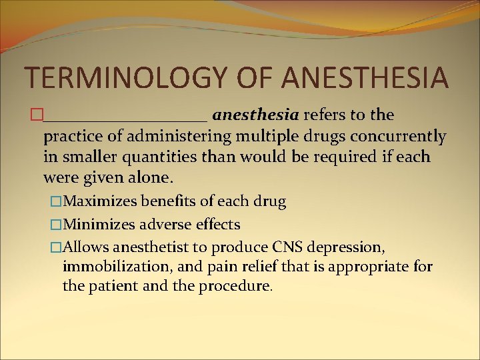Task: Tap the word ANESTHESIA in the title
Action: [365, 77]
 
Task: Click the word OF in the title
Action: [253, 77]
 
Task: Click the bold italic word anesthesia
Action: [255, 115]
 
